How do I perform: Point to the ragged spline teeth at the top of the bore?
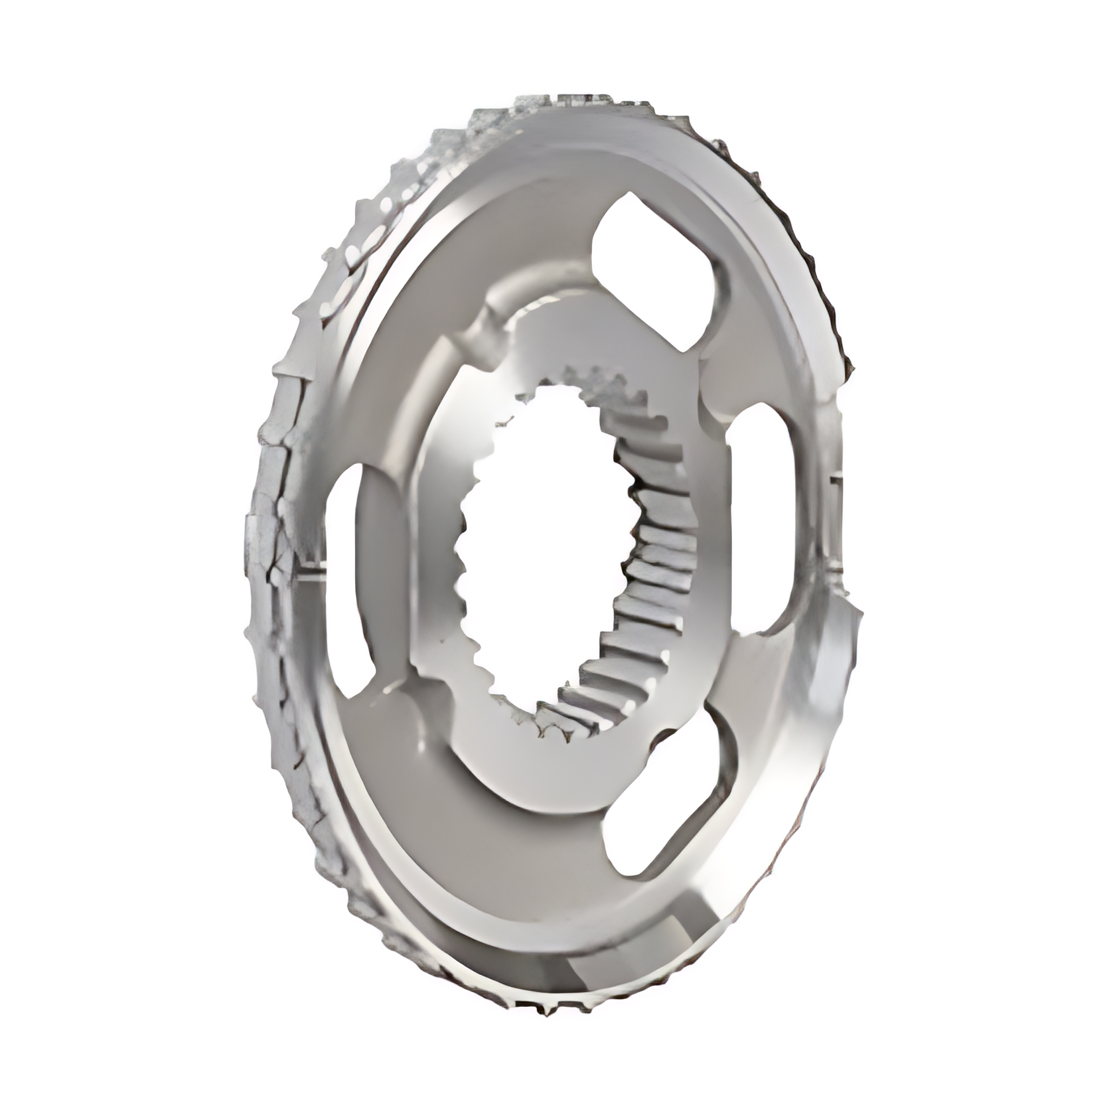[584, 385]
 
